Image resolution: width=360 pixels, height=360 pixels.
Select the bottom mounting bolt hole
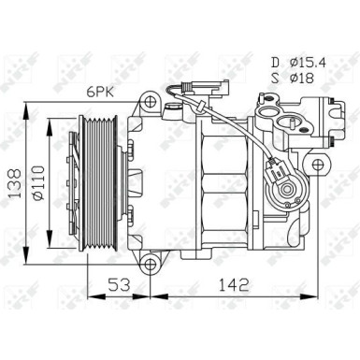click(x=150, y=265)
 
